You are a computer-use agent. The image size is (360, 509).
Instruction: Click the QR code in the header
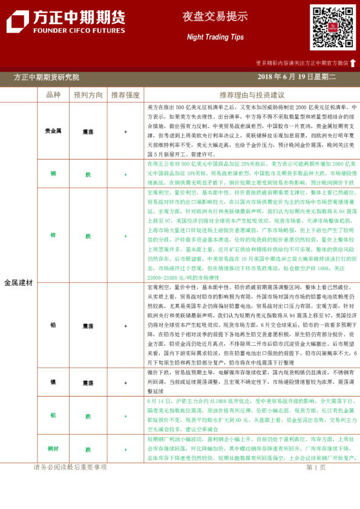[x=332, y=27]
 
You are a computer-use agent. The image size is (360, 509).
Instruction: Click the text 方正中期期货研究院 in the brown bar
[x=46, y=77]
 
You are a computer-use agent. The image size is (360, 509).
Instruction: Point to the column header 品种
[x=53, y=95]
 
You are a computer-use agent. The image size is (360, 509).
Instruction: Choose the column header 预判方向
[x=88, y=95]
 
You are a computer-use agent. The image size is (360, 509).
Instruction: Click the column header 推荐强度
[x=125, y=95]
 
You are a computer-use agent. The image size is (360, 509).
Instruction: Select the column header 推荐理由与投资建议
[x=252, y=95]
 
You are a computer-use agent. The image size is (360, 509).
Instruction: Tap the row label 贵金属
[x=53, y=131]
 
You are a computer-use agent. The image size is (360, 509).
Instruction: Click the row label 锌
[x=53, y=236]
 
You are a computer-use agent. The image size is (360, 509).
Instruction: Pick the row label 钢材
[x=53, y=450]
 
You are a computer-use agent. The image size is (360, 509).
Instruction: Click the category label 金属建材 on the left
[x=19, y=282]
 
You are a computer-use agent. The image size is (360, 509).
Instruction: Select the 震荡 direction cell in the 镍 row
[x=88, y=383]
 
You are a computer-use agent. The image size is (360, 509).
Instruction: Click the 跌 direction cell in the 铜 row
[x=88, y=173]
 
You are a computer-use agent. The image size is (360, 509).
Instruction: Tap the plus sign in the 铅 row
[x=125, y=325]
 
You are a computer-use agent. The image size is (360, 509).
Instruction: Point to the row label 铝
[x=53, y=416]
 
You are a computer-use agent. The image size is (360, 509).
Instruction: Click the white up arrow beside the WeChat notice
[x=353, y=62]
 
